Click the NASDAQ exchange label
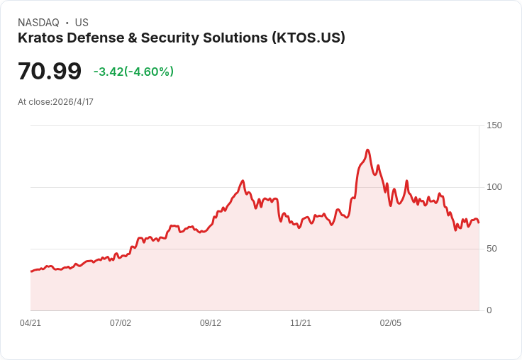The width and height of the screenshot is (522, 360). [x=38, y=23]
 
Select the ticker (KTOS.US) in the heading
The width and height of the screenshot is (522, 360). [x=309, y=38]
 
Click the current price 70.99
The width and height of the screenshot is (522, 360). [x=50, y=71]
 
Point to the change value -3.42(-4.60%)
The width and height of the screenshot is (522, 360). [x=133, y=72]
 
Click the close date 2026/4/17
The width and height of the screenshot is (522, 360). [x=73, y=102]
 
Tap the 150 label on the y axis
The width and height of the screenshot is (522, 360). [x=494, y=125]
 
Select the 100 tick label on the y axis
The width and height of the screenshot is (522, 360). [x=494, y=187]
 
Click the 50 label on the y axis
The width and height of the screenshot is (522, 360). [x=492, y=249]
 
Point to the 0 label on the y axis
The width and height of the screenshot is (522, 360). [x=489, y=310]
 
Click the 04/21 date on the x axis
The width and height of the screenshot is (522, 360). [x=30, y=323]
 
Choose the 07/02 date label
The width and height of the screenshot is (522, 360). [x=121, y=323]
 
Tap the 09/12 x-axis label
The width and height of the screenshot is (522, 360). [x=211, y=323]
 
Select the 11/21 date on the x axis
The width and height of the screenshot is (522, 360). [x=301, y=323]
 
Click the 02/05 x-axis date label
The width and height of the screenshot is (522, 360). [x=391, y=323]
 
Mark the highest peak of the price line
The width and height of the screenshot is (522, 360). [x=367, y=150]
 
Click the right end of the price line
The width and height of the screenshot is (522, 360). [x=479, y=223]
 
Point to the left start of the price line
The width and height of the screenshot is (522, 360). [x=31, y=271]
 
